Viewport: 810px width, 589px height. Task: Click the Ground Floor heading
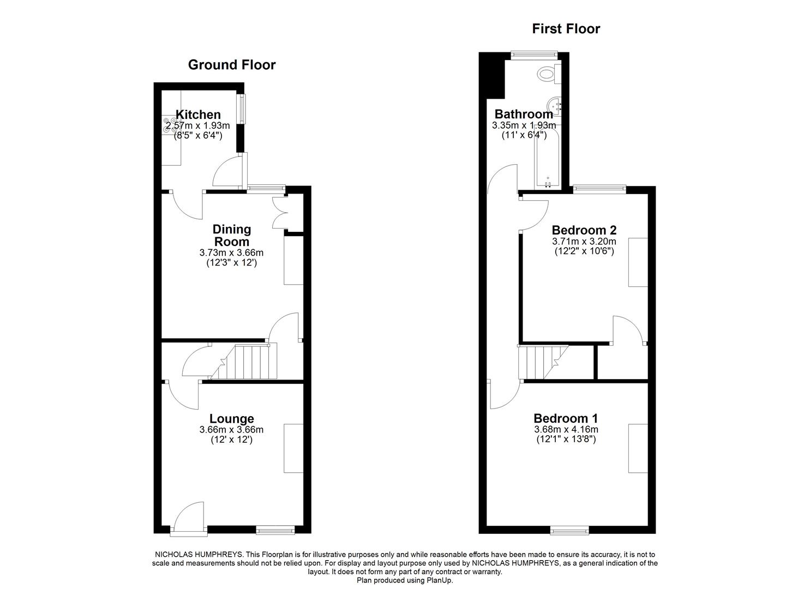[x=232, y=65]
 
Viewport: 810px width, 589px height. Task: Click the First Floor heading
[x=566, y=29]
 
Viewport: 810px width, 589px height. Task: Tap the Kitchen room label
[x=197, y=115]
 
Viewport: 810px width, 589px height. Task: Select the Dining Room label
[x=232, y=235]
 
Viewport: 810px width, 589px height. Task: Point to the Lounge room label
[x=232, y=418]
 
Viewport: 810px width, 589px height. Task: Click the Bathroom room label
[x=523, y=114]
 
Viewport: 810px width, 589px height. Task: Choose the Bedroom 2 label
[x=584, y=230]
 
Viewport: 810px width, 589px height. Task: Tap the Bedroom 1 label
[x=566, y=418]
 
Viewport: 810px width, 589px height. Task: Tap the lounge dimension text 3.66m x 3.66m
[x=232, y=430]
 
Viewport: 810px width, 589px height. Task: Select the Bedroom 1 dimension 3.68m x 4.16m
[x=566, y=430]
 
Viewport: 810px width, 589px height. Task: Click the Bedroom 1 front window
[x=569, y=529]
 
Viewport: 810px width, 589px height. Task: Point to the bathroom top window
[x=534, y=53]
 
